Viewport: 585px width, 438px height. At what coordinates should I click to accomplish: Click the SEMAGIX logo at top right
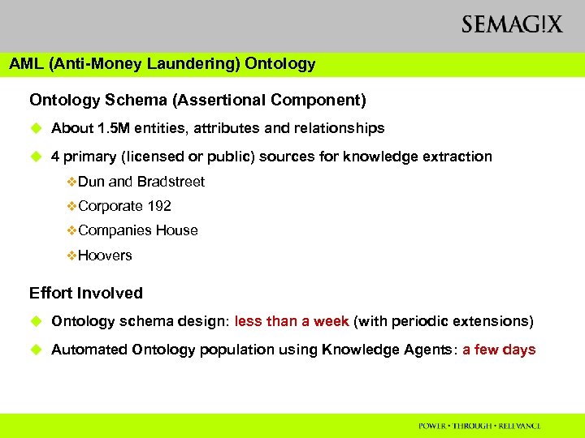[x=511, y=25]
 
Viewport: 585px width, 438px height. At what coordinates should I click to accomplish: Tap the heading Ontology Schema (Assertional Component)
[x=197, y=101]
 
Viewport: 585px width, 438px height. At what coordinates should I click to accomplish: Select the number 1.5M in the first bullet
[x=114, y=128]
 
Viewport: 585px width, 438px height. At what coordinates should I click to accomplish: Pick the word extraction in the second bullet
[x=456, y=157]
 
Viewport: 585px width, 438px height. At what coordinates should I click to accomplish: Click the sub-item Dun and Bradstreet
[x=141, y=182]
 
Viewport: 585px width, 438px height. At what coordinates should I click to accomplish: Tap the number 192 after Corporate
[x=159, y=206]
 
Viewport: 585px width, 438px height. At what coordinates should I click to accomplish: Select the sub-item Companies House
[x=138, y=230]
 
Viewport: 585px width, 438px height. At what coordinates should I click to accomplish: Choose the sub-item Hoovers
[x=105, y=255]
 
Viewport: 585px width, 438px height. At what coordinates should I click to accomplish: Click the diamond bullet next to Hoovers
[x=71, y=255]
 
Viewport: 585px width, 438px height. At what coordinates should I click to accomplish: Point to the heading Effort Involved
[x=86, y=293]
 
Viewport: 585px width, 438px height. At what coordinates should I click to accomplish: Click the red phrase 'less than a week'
[x=292, y=321]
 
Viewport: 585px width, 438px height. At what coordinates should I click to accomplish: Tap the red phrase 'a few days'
[x=500, y=350]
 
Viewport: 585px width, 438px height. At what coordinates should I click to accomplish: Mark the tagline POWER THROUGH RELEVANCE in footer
[x=479, y=426]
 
